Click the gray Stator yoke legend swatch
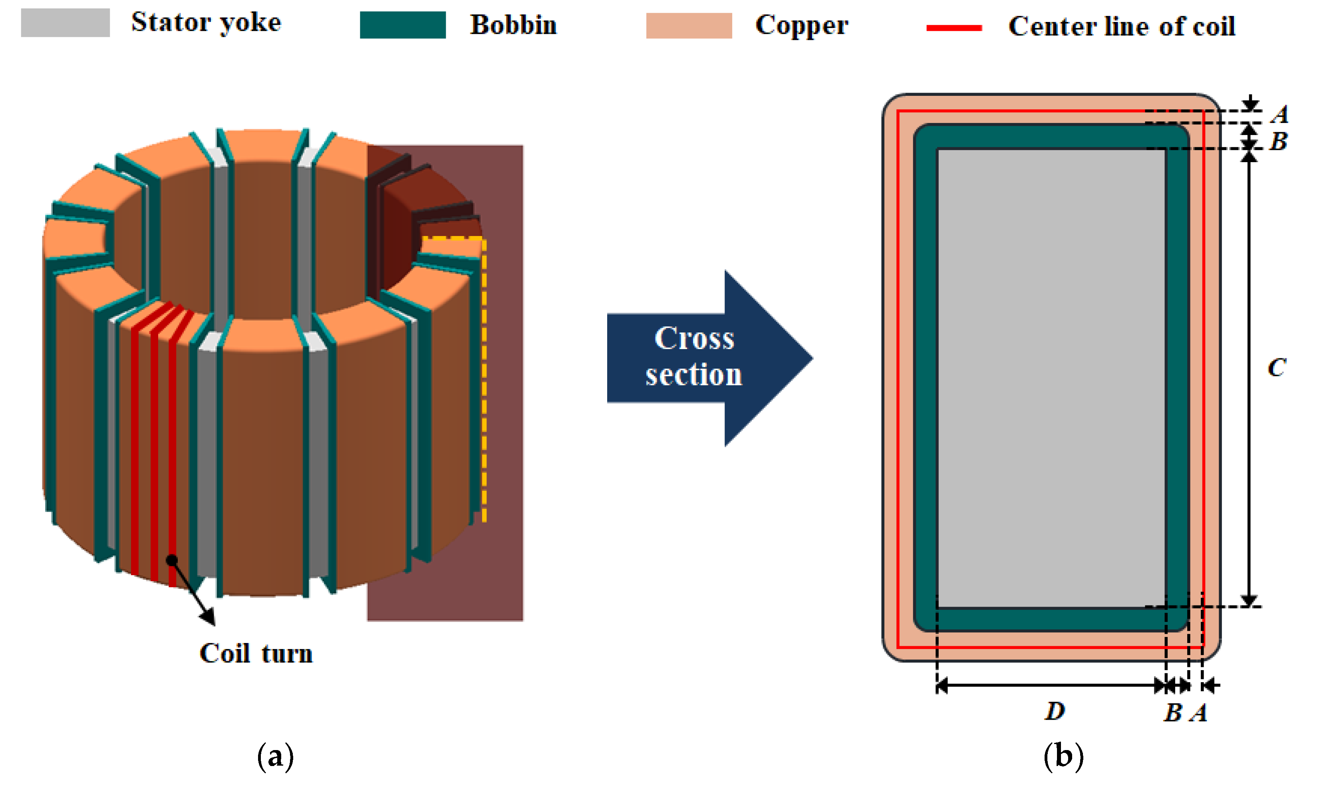65,23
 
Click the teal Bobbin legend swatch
403,25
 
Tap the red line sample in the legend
954,28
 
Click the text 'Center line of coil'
1121,26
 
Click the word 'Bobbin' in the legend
513,25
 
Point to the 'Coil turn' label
256,653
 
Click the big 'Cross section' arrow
699,357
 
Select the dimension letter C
1276,367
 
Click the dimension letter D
1054,711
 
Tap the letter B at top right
1278,141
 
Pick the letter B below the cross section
1172,713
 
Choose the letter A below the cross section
1198,713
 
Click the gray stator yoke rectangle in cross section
1051,377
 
